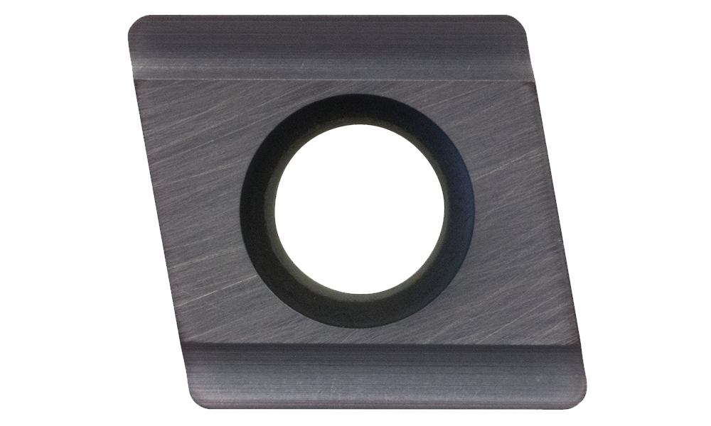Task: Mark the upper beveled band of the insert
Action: [x=327, y=46]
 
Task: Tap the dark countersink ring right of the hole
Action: [x=459, y=209]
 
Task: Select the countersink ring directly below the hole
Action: [x=359, y=312]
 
